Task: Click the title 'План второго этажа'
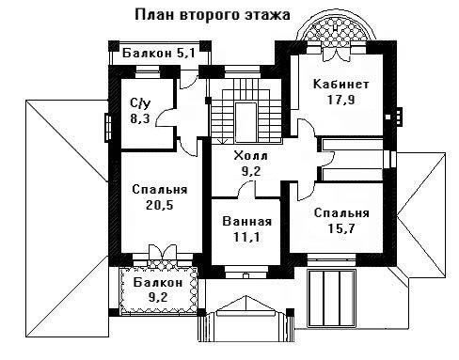[x=213, y=15]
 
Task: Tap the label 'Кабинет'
[x=341, y=85]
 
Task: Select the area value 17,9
[x=341, y=100]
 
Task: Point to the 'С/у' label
[x=140, y=102]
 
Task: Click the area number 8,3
[x=140, y=118]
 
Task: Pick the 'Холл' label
[x=251, y=155]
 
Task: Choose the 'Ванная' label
[x=247, y=222]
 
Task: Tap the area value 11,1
[x=246, y=237]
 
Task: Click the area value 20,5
[x=160, y=205]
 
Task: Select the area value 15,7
[x=341, y=228]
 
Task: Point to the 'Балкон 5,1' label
[x=159, y=53]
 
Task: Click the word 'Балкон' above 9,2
[x=158, y=282]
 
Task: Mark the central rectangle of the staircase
[x=246, y=122]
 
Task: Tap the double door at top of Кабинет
[x=336, y=54]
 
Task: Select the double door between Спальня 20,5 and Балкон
[x=162, y=252]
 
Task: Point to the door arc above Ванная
[x=245, y=190]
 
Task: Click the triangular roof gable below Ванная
[x=246, y=305]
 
